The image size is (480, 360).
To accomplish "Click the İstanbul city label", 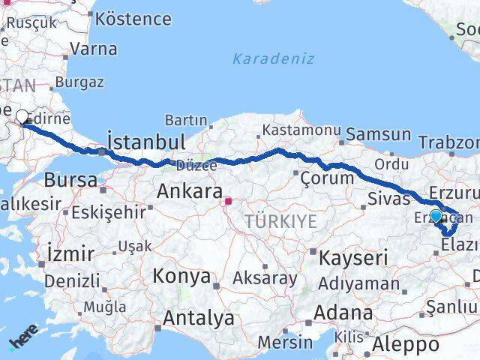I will coord(146,141).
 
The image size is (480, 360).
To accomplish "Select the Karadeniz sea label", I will coord(273,58).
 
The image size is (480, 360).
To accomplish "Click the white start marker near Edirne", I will coord(22,117).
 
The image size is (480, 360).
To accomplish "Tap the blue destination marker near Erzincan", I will coord(436,217).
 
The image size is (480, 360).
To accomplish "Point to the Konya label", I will coord(181,276).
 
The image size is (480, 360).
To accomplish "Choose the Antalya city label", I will coord(198,318).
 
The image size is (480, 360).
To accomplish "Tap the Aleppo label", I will coord(406,345).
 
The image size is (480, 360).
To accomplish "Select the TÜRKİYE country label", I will coord(280,221).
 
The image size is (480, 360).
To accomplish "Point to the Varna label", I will coord(93,49).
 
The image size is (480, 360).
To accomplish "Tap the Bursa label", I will coord(70,180).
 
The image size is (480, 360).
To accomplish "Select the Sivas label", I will coord(389,199).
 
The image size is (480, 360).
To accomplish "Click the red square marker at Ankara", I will coord(228,201).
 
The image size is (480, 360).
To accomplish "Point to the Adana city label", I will coord(344,312).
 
